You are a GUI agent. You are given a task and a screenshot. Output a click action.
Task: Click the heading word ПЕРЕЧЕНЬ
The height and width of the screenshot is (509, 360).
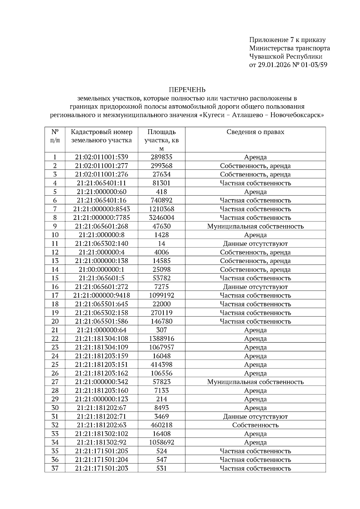(187, 90)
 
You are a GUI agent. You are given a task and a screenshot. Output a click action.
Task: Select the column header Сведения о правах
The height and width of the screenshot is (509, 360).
(255, 132)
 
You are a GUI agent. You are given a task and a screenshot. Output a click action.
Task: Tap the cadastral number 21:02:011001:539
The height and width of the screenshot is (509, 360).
(101, 157)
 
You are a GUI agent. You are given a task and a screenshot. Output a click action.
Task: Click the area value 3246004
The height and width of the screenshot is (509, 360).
(161, 217)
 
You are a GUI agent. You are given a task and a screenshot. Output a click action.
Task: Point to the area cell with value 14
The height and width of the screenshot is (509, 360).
(161, 244)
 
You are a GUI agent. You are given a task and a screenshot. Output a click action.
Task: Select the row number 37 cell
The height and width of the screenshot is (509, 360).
(55, 468)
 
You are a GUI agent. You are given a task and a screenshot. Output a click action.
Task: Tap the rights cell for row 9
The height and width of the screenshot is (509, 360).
(255, 226)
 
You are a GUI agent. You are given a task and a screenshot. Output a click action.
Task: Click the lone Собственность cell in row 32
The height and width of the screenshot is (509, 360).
(255, 425)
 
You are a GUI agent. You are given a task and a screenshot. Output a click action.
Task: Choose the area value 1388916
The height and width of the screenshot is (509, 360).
(161, 339)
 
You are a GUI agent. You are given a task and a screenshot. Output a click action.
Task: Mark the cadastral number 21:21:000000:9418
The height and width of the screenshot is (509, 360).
(101, 295)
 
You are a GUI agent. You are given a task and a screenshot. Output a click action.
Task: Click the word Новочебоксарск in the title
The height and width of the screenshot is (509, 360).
(297, 115)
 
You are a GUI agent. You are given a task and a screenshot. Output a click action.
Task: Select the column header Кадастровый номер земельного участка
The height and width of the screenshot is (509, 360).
(101, 136)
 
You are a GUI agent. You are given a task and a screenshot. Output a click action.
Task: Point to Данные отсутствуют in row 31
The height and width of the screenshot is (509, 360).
(255, 416)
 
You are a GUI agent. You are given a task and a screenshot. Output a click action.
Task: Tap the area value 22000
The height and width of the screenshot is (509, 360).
(161, 304)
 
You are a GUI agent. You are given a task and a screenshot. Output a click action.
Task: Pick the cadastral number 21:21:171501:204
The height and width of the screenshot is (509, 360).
(101, 460)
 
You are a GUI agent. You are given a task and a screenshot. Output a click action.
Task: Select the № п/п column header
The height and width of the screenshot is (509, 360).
(55, 136)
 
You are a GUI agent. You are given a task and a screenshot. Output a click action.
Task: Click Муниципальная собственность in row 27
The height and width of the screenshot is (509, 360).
(255, 382)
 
